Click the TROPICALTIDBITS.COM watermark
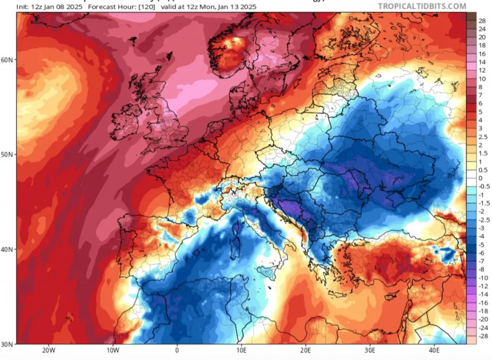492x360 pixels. coord(422,7)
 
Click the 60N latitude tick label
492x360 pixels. coord(8,60)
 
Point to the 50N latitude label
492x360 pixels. coord(8,155)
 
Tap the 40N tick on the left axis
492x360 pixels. coord(8,250)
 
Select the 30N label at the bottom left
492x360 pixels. coord(8,344)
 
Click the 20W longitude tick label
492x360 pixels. coord(48,350)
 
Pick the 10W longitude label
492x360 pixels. coord(113,350)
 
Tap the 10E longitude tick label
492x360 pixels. coord(241,350)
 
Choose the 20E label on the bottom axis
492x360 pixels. coord(306,350)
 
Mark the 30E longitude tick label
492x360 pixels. coord(370,350)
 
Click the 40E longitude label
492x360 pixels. coord(434,350)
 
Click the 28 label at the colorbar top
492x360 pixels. coord(482,20)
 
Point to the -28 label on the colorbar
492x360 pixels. coord(483,336)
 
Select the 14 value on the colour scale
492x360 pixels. coord(482,63)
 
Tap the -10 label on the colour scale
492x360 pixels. coord(483,278)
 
